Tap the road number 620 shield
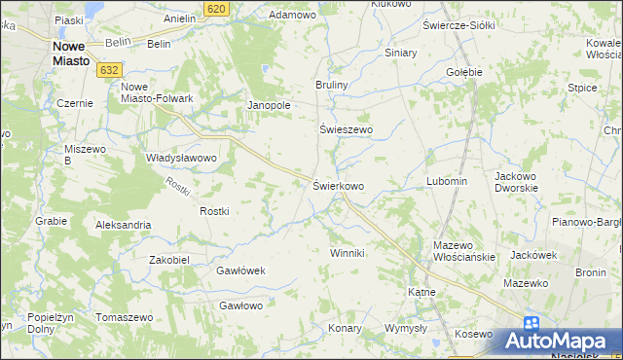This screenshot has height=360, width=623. tap(218, 8)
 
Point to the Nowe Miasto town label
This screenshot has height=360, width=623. tap(72, 53)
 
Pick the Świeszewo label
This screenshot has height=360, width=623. tap(347, 129)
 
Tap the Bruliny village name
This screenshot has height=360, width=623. tap(331, 86)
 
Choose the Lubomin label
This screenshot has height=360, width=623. tap(447, 182)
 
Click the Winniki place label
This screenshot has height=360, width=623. tap(347, 254)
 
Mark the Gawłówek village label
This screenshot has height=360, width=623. tap(240, 271)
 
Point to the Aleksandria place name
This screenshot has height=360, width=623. tap(123, 225)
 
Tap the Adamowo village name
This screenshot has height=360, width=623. tap(293, 17)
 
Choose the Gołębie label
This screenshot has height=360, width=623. tap(463, 73)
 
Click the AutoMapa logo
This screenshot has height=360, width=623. tap(559, 342)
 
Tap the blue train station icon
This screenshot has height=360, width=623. tap(531, 324)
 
